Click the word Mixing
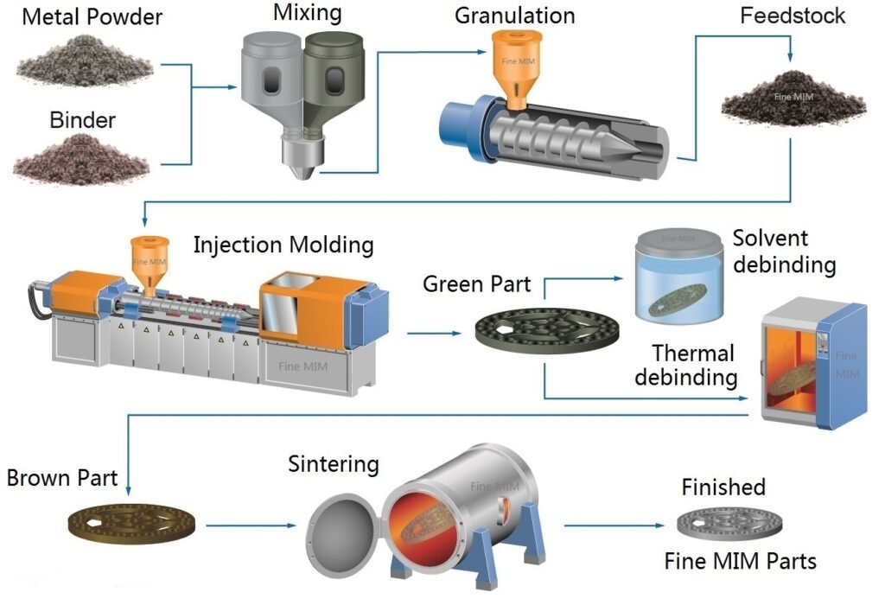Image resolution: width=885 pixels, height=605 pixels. tap(307, 14)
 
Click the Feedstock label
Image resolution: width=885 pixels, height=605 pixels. tap(793, 16)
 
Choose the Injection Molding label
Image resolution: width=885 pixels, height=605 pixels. tap(283, 245)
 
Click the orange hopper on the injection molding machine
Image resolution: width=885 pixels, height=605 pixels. tap(148, 259)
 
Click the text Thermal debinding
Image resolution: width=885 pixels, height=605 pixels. tap(694, 365)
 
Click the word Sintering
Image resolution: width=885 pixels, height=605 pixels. tap(334, 464)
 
